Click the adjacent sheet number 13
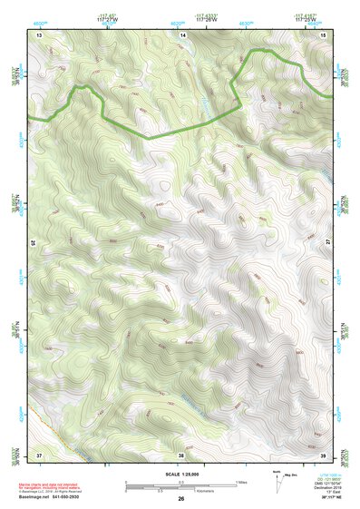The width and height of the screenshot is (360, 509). (39, 34)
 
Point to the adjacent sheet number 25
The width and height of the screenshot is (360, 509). (34, 242)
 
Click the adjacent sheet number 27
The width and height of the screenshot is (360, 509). (328, 242)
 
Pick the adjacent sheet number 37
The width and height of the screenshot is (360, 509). (39, 454)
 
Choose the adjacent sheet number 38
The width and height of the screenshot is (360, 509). (181, 454)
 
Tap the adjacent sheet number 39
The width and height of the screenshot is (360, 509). (324, 454)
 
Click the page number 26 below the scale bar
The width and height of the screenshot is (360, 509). (181, 499)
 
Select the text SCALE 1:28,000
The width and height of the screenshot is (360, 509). (181, 475)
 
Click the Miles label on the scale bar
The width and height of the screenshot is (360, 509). (241, 482)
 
